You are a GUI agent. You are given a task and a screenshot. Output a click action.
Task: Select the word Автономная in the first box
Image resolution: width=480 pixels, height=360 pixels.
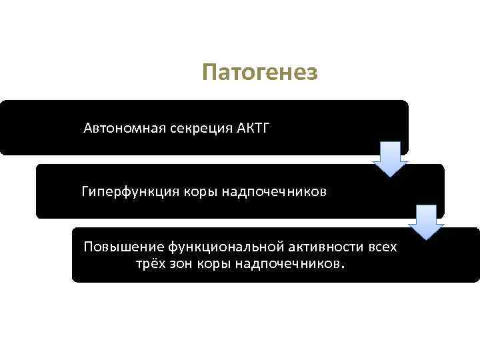(117, 128)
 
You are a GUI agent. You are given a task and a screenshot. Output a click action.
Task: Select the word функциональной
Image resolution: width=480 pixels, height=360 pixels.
(209, 247)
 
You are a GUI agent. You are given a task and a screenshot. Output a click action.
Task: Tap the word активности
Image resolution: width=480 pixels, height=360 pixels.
(320, 247)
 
